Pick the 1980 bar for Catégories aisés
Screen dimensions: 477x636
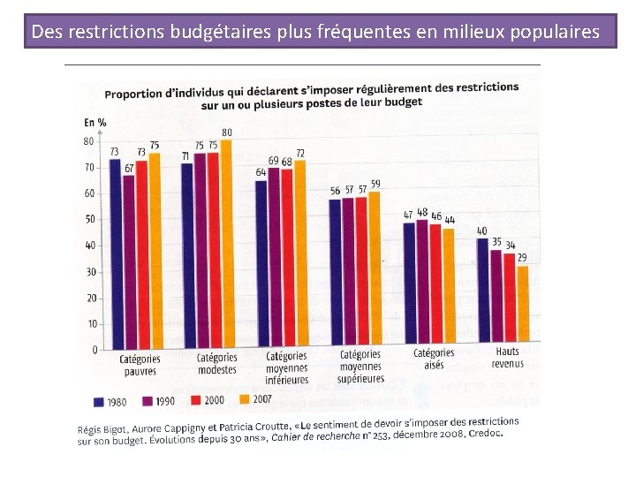(x=409, y=283)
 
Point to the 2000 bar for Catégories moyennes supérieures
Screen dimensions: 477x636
(x=361, y=270)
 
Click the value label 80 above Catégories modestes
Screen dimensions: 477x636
(x=227, y=132)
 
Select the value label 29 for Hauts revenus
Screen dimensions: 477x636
(x=523, y=257)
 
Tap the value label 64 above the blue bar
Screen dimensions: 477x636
(x=261, y=172)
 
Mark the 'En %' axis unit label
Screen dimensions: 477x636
(x=95, y=122)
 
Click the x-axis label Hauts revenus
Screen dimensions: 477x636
(x=507, y=358)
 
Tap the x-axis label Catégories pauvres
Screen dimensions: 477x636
(x=140, y=365)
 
